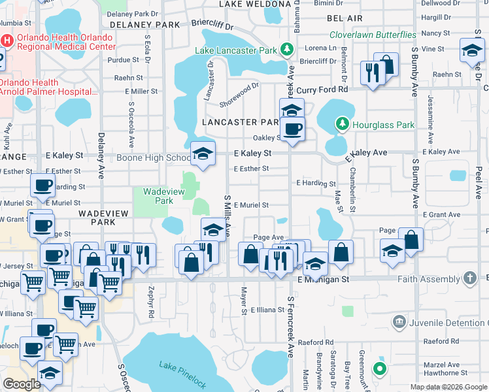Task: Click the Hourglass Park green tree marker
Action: [x=341, y=124]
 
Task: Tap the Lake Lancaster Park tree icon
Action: [x=286, y=50]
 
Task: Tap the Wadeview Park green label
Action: [x=154, y=196]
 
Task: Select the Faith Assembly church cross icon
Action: [x=469, y=278]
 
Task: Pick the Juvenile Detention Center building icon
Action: [x=399, y=322]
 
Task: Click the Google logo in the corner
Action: [x=22, y=384]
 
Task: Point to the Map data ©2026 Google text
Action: [x=448, y=387]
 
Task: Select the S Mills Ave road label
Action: [x=228, y=216]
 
